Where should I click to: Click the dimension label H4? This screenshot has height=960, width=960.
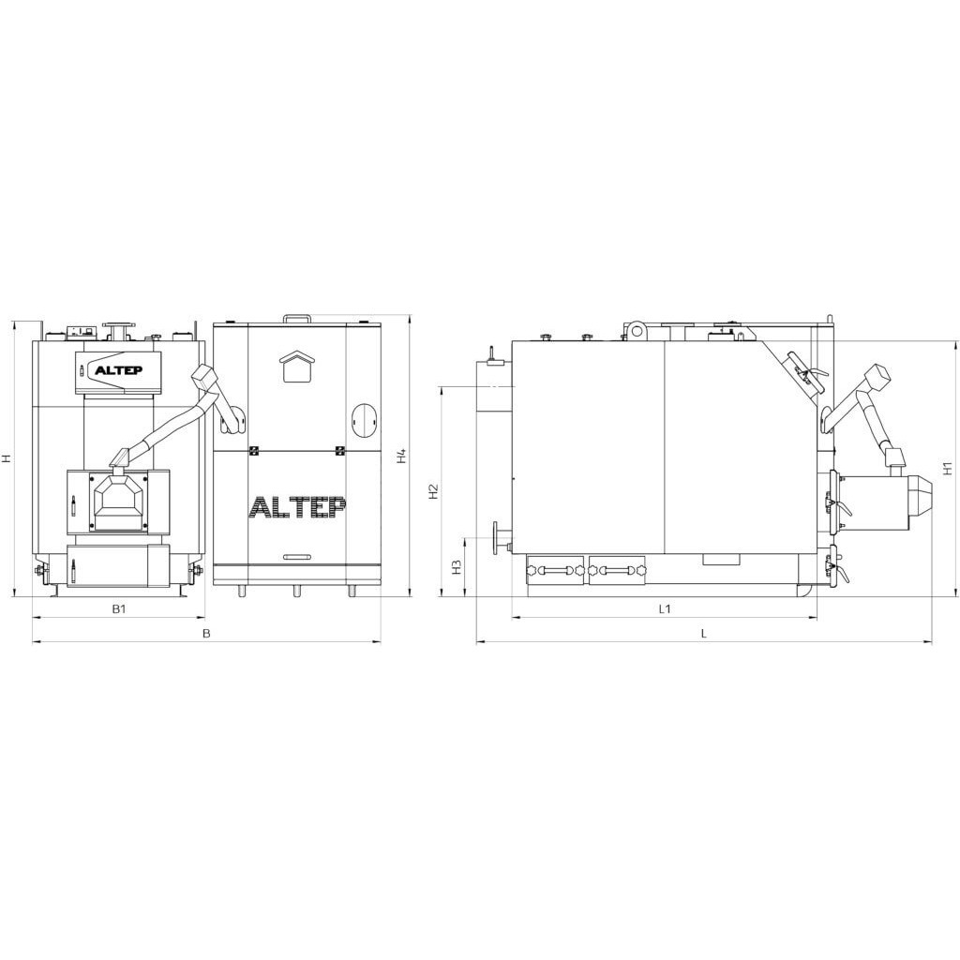tap(401, 457)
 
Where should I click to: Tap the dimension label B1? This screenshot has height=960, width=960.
tap(119, 608)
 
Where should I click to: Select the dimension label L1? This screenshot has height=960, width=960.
tap(665, 608)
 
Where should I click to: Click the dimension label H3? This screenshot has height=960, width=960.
tap(457, 567)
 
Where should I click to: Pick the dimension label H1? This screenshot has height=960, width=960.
tap(948, 469)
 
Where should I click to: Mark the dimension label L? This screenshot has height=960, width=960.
tap(704, 634)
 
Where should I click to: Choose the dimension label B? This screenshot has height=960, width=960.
tap(206, 634)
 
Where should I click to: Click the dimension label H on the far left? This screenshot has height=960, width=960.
tap(7, 457)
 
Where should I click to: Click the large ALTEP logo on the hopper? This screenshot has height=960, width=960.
tap(297, 507)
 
